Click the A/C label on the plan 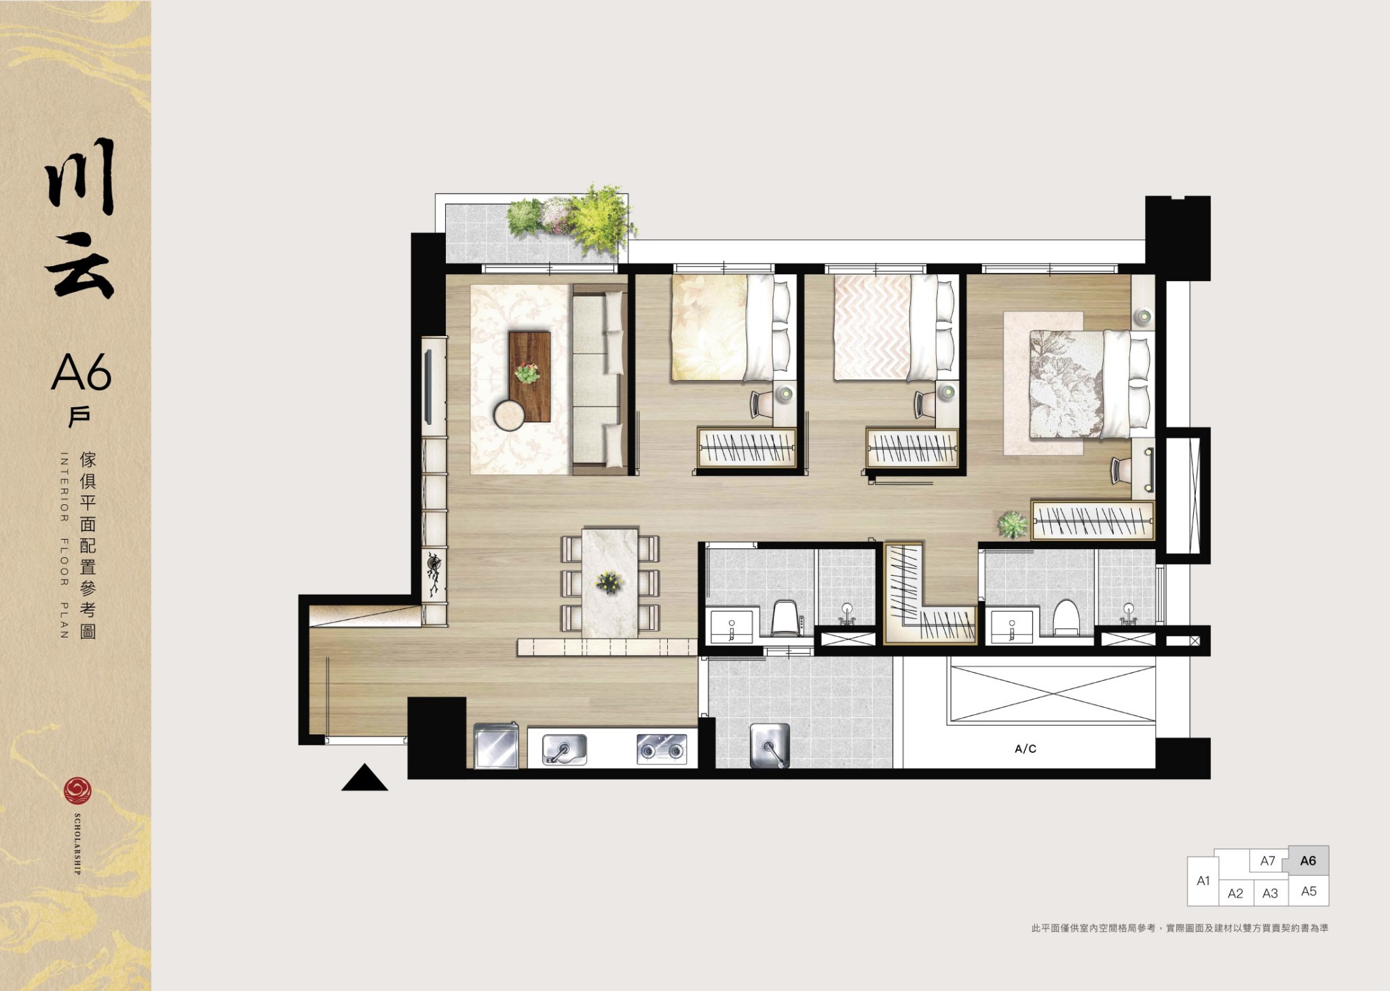click(1025, 749)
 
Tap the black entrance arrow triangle click(364, 778)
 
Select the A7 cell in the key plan click(1268, 861)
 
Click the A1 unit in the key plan click(1203, 881)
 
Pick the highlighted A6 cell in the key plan click(1308, 861)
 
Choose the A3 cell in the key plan click(1270, 893)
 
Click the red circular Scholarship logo click(77, 791)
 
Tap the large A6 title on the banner click(81, 372)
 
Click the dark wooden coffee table click(529, 376)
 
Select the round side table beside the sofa click(509, 415)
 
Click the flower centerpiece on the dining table click(609, 582)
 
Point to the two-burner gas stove click(662, 749)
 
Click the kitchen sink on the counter click(565, 749)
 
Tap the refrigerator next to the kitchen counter click(497, 746)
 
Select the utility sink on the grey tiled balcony click(770, 745)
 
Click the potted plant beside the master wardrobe click(1012, 524)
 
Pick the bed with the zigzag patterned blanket click(896, 327)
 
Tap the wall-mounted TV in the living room click(428, 387)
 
